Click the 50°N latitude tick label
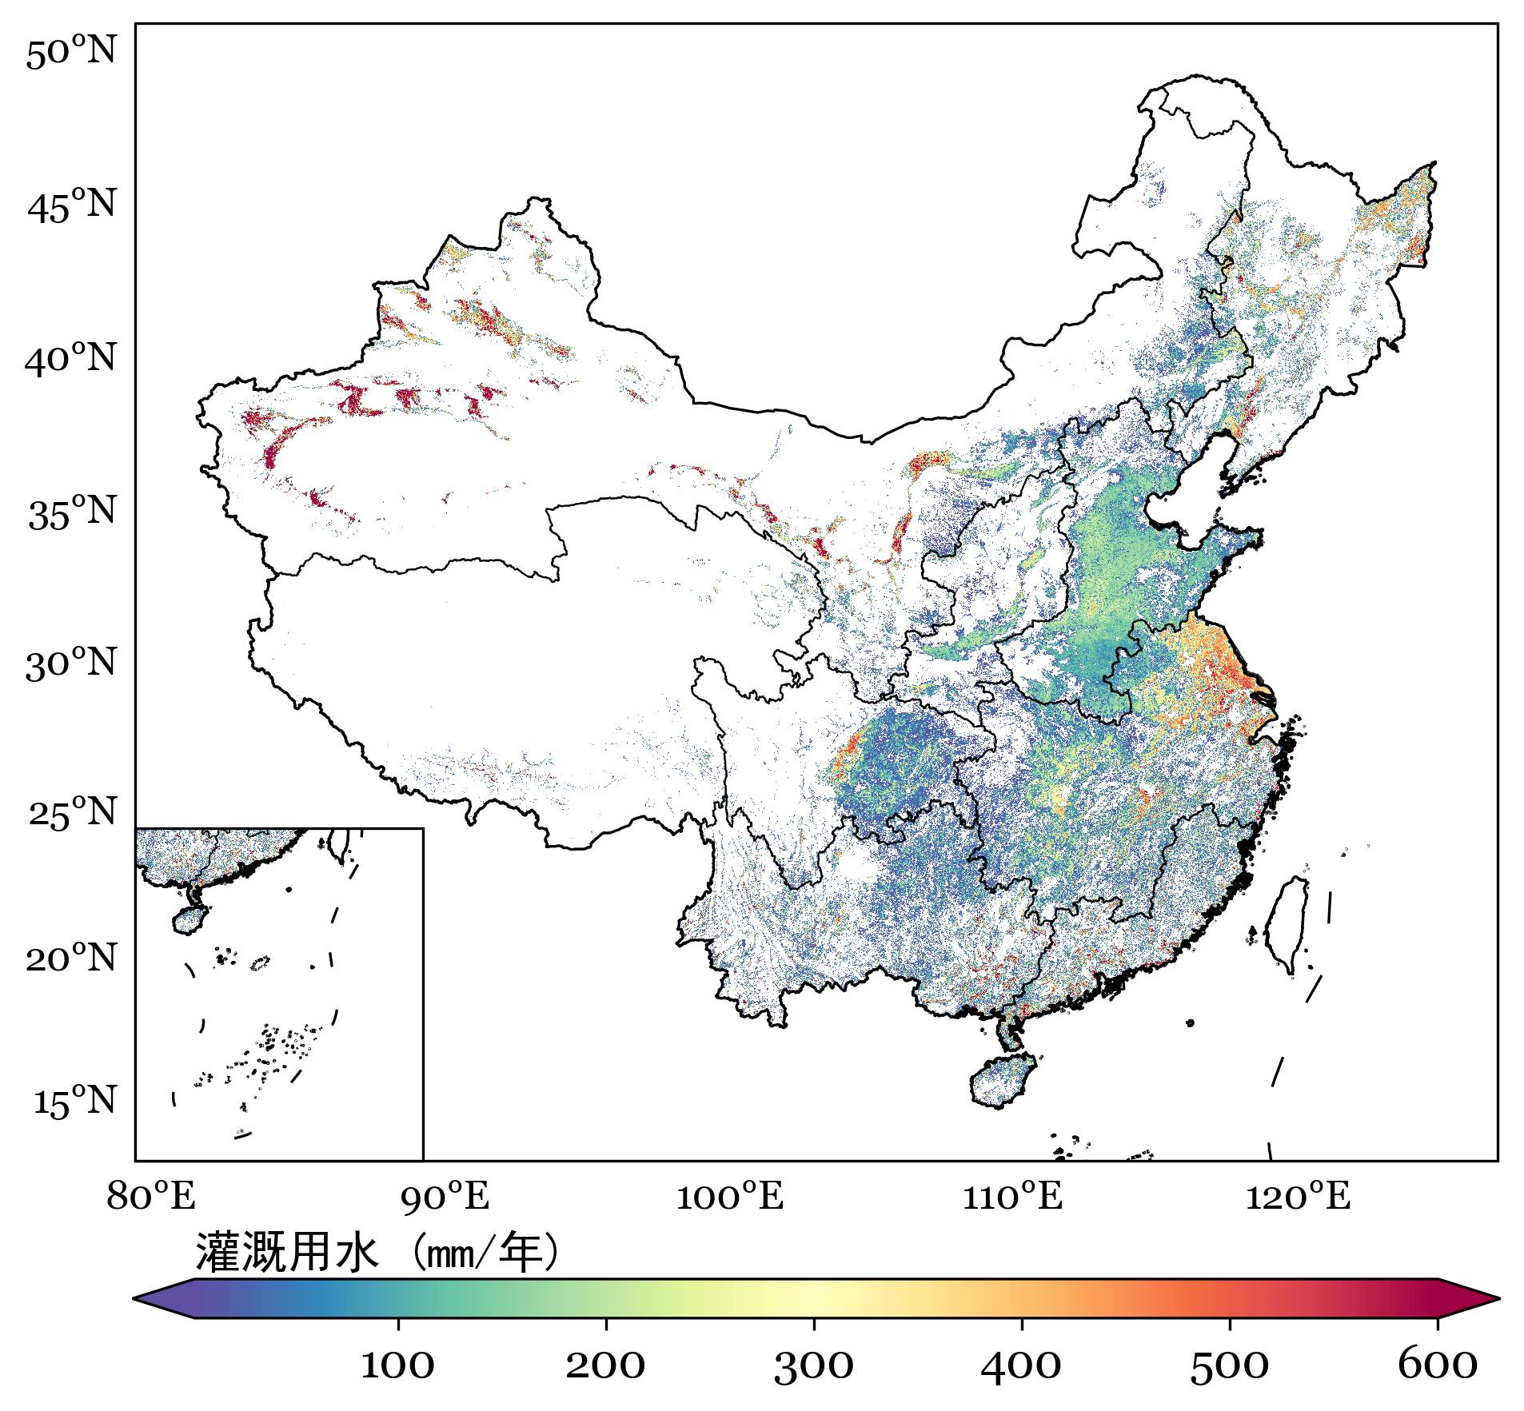pos(71,53)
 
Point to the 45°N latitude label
pos(72,206)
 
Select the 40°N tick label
pos(71,360)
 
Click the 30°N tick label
pos(71,664)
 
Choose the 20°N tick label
pos(71,957)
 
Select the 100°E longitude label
pos(729,1197)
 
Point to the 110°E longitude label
pos(1012,1197)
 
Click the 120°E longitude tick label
pos(1297,1197)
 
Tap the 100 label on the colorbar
pos(397,1365)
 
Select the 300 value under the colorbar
pos(813,1365)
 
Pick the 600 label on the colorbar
pos(1437,1365)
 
